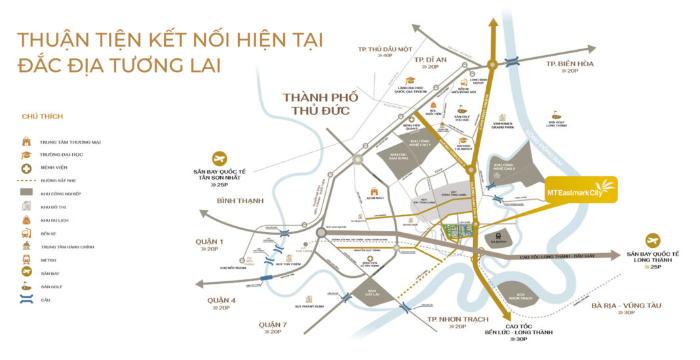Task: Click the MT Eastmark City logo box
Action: click(580, 191)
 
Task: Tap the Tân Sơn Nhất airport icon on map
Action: click(219, 159)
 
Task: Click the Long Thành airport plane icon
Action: click(653, 241)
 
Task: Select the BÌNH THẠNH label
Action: click(222, 200)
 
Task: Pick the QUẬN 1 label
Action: click(209, 242)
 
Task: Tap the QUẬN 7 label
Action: click(273, 325)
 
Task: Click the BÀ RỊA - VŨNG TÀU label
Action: click(626, 306)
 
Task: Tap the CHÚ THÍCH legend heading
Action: click(42, 117)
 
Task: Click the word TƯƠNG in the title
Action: click(152, 66)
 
